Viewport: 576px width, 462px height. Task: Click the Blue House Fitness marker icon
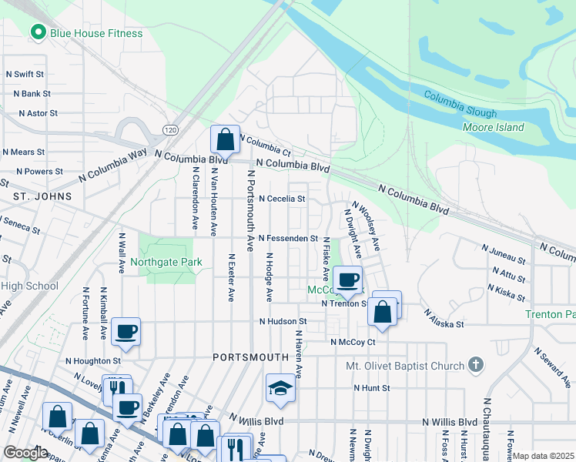(36, 33)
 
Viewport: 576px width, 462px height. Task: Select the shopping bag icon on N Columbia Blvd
(225, 141)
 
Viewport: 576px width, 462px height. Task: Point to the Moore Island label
(493, 127)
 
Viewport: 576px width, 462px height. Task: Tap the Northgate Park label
(166, 262)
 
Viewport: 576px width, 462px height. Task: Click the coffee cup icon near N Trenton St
(347, 280)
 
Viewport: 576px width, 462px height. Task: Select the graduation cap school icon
(281, 390)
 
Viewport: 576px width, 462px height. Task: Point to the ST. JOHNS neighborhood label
(42, 196)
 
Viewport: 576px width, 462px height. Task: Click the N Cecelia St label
(282, 199)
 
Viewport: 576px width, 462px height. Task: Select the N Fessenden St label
(288, 239)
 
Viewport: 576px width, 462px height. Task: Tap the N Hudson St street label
(283, 321)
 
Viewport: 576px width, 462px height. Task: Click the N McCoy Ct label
(352, 342)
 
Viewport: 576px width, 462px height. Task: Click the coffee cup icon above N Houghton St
(126, 332)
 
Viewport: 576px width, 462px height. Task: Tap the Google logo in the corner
(25, 453)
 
